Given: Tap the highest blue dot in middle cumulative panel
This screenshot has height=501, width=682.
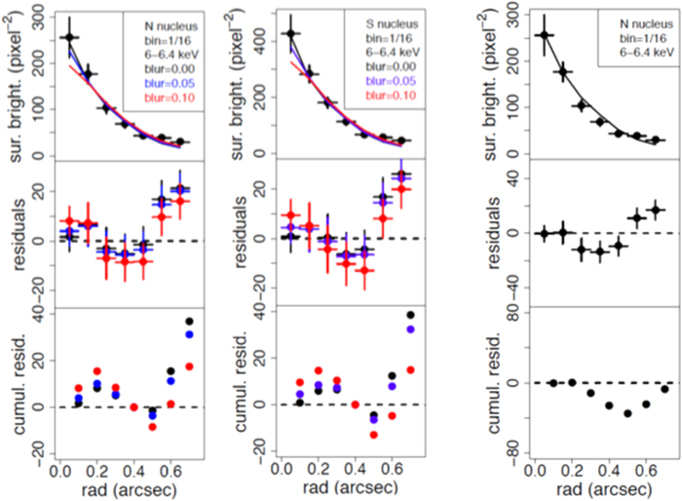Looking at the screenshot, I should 410,329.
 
